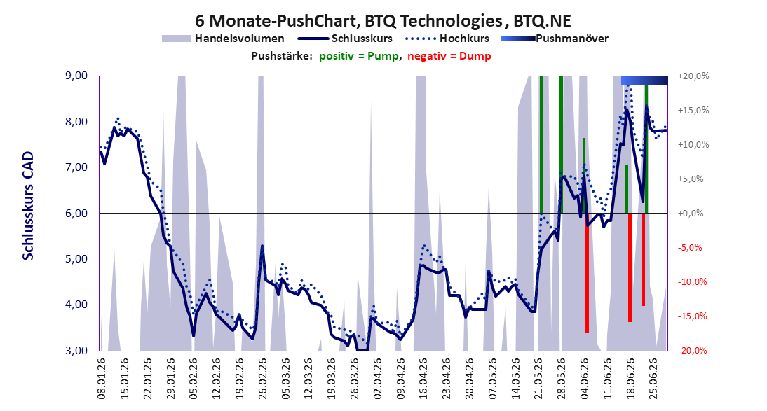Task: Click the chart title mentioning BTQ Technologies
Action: pyautogui.click(x=383, y=20)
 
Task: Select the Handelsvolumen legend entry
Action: pyautogui.click(x=223, y=39)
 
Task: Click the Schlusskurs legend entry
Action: pyautogui.click(x=345, y=39)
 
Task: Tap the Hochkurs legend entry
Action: pyautogui.click(x=447, y=39)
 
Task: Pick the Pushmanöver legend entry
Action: pyautogui.click(x=555, y=39)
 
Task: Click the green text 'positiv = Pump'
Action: pyautogui.click(x=359, y=56)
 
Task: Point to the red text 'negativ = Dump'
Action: pyautogui.click(x=449, y=56)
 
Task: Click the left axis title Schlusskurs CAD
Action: pyautogui.click(x=28, y=206)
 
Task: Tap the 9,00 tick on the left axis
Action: pyautogui.click(x=76, y=76)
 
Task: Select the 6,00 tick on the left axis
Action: pyautogui.click(x=76, y=214)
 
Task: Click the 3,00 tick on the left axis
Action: pyautogui.click(x=76, y=350)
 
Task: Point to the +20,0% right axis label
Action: pyautogui.click(x=693, y=76)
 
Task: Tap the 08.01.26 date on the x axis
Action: pyautogui.click(x=102, y=379)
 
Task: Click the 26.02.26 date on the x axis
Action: pyautogui.click(x=263, y=379)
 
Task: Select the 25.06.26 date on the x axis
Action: pyautogui.click(x=653, y=379)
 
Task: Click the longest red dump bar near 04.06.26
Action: pyautogui.click(x=587, y=273)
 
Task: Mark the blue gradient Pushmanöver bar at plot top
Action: pyautogui.click(x=644, y=80)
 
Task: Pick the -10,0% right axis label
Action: pyautogui.click(x=692, y=282)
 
